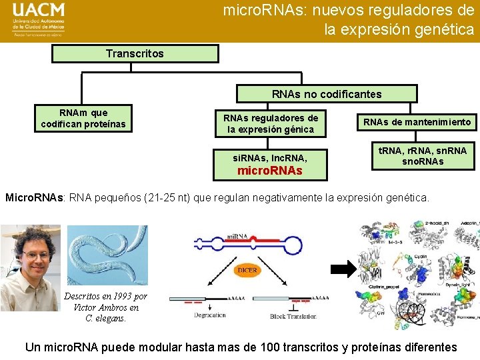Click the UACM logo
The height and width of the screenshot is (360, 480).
click(39, 21)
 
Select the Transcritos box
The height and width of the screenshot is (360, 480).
click(135, 53)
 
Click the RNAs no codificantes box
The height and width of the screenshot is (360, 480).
click(327, 94)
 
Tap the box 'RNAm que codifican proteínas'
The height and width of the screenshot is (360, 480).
click(83, 118)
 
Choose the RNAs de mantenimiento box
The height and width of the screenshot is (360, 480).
click(417, 122)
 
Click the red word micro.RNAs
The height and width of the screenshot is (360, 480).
click(269, 170)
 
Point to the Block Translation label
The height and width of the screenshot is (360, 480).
click(297, 316)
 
